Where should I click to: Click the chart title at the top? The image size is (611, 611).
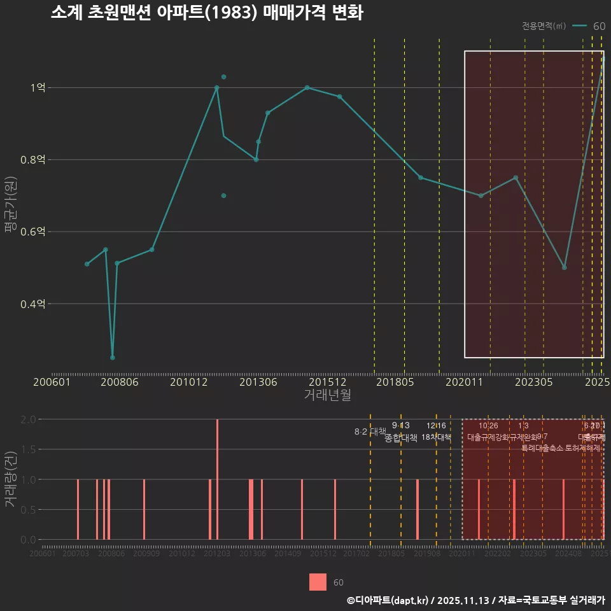tap(207, 13)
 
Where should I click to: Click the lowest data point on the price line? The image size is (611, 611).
tap(113, 358)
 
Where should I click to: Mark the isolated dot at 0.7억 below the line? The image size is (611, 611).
tap(223, 195)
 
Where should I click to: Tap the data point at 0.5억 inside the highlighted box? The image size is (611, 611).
tap(564, 267)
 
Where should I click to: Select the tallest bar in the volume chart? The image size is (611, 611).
tap(218, 479)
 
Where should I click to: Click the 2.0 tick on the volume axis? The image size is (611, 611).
tap(28, 419)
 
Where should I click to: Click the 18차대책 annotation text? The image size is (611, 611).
tap(436, 437)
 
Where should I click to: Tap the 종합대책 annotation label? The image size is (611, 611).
tap(401, 438)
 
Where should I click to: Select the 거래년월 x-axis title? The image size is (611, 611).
tap(327, 395)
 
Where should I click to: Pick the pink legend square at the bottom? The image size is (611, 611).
tap(318, 582)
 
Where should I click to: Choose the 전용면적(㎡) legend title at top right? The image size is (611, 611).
tap(544, 26)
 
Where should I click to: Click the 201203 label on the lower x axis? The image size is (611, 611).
tap(217, 554)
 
